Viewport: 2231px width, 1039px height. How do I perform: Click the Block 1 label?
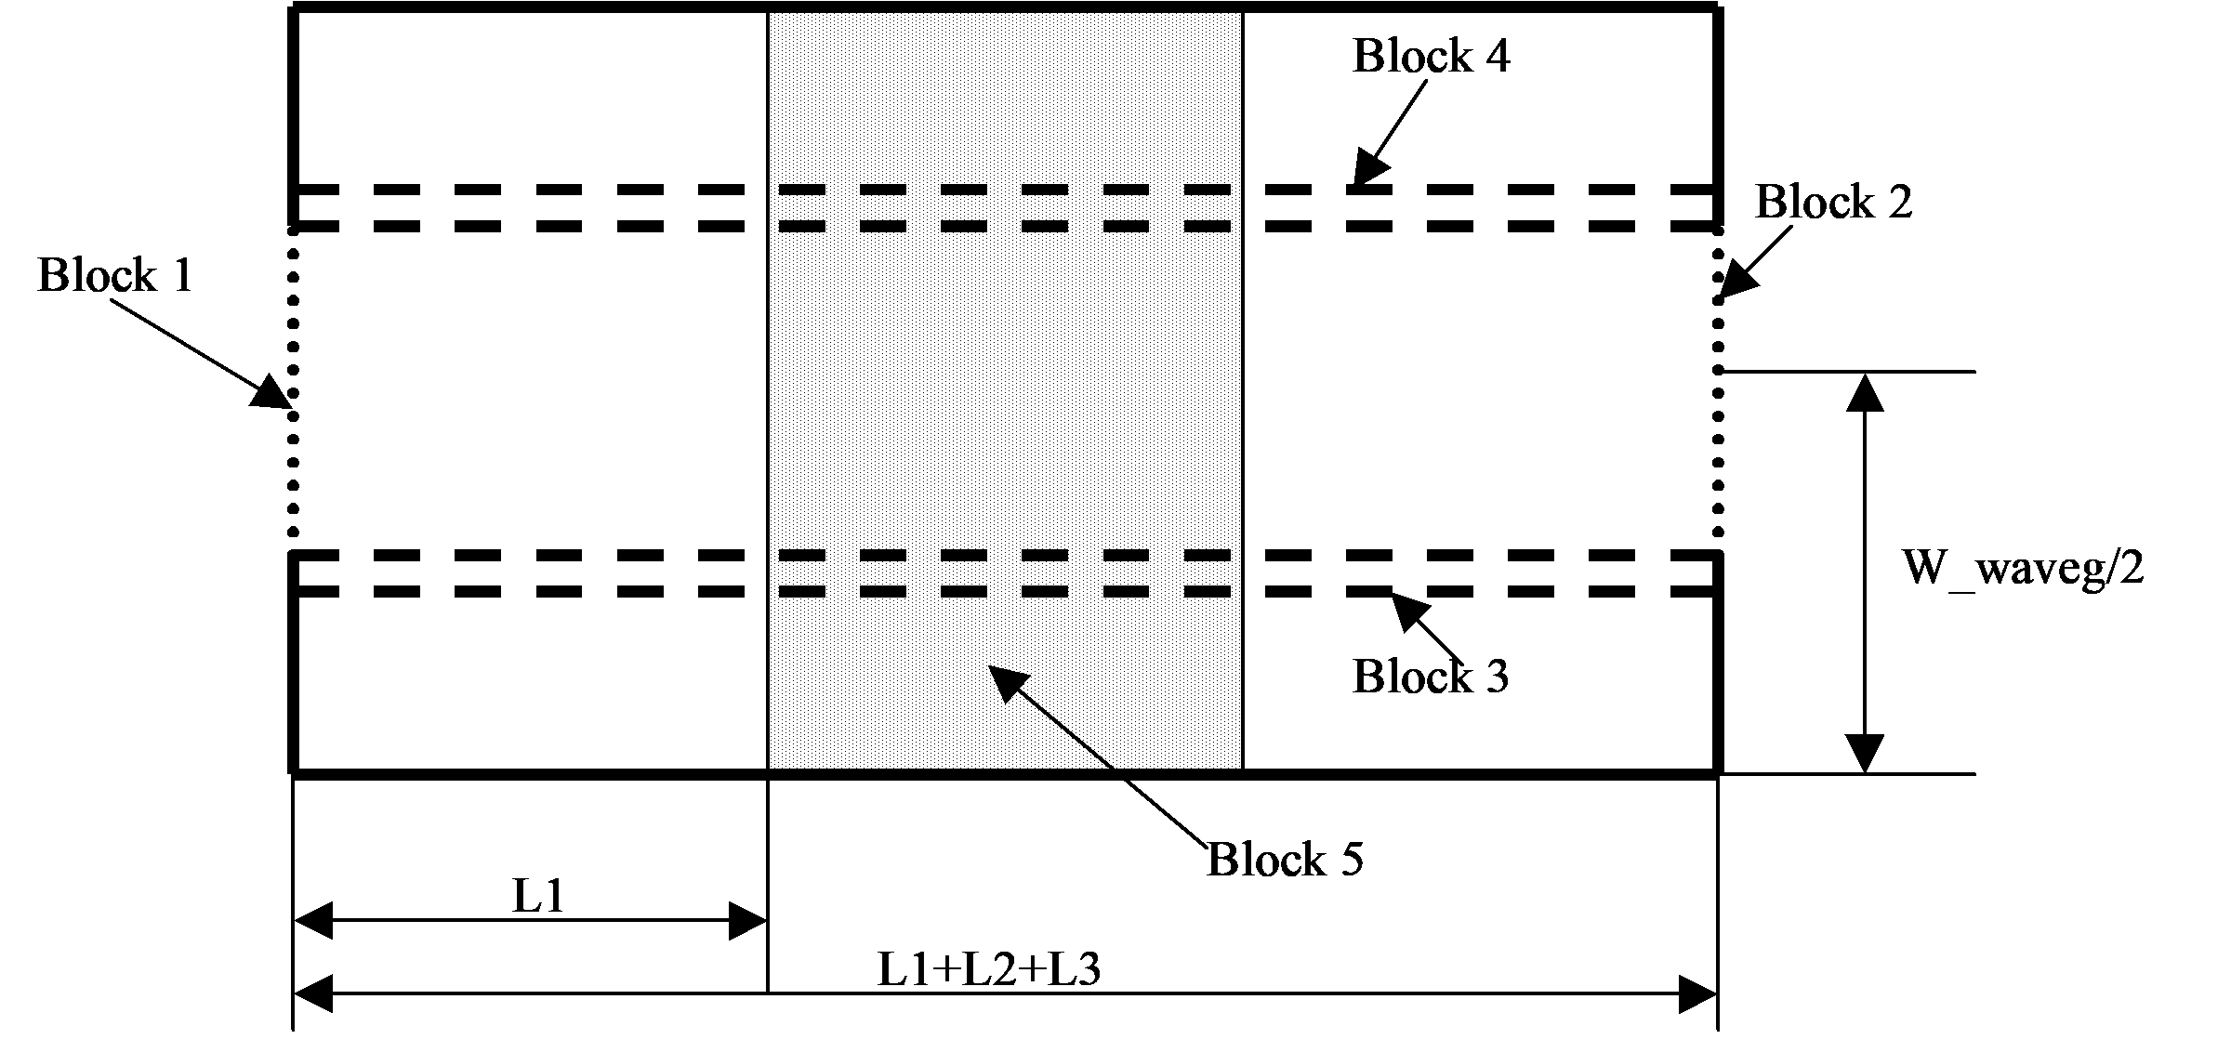click(115, 276)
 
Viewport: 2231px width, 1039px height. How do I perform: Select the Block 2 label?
click(1833, 202)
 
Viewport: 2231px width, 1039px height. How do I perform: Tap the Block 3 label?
click(1431, 676)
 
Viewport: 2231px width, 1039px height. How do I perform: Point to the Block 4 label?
click(1431, 56)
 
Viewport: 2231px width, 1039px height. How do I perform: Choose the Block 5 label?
click(1286, 860)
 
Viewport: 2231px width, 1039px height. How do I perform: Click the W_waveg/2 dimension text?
click(2024, 568)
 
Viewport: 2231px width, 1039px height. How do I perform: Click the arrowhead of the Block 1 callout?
click(273, 394)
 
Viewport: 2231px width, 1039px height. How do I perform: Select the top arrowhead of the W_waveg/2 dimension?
click(1865, 391)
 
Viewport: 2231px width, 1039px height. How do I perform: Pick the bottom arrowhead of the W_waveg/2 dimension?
click(1865, 754)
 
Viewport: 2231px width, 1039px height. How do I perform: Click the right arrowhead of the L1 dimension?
click(747, 921)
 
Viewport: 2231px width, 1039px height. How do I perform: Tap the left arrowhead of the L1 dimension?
click(314, 921)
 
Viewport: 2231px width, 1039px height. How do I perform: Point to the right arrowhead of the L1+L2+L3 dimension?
click(1697, 994)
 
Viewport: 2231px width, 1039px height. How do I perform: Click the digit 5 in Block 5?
click(1350, 860)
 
